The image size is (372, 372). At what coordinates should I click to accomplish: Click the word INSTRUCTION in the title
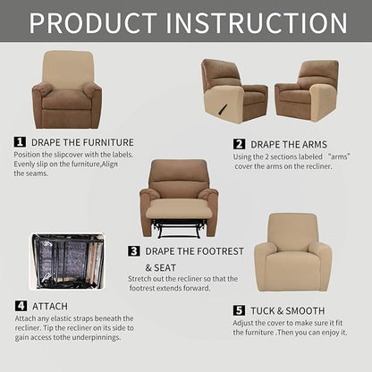264,21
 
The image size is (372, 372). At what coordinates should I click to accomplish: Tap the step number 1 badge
20,141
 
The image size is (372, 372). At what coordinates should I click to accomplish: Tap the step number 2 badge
240,144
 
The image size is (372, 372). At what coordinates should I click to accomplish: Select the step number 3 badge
134,251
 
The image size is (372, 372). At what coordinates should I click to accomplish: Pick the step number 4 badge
20,306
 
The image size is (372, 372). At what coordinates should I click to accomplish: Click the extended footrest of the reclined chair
178,210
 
